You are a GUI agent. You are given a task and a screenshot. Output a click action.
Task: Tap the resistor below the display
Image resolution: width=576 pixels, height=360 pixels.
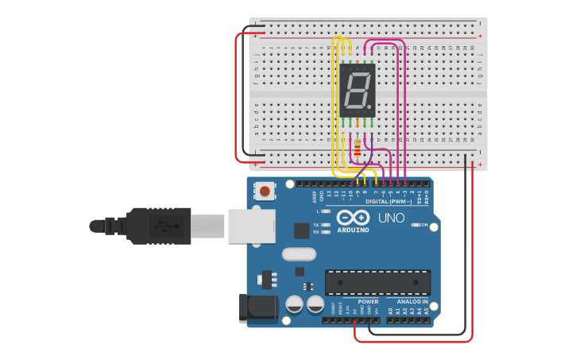pyautogui.click(x=358, y=147)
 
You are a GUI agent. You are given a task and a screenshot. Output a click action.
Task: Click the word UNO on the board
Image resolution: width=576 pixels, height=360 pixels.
pyautogui.click(x=391, y=218)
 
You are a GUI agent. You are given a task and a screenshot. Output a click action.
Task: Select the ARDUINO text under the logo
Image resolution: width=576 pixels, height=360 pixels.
pyautogui.click(x=353, y=230)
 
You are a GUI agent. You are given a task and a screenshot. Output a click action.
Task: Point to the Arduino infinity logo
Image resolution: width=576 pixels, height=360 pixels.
pyautogui.click(x=353, y=218)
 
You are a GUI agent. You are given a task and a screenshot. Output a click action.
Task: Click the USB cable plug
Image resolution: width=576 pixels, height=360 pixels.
pyautogui.click(x=159, y=226)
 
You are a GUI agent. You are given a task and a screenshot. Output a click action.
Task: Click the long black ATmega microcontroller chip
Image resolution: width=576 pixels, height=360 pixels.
pyautogui.click(x=377, y=282)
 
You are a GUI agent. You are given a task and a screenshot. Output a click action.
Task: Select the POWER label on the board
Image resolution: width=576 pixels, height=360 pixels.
pyautogui.click(x=368, y=302)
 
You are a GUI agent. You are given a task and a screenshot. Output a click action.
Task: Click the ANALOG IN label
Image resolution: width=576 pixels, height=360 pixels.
pyautogui.click(x=412, y=302)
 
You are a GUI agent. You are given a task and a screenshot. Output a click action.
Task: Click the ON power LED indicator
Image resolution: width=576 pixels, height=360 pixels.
pyautogui.click(x=416, y=225)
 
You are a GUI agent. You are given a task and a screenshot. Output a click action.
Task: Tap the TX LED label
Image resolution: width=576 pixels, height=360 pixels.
pyautogui.click(x=316, y=225)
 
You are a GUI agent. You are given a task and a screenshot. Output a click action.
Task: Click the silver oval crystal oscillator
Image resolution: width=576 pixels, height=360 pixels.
pyautogui.click(x=299, y=254)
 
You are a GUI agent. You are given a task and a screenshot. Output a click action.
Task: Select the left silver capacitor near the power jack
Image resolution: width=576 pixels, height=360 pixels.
pyautogui.click(x=294, y=304)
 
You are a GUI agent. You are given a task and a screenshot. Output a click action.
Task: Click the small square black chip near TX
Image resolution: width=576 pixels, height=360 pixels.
pyautogui.click(x=302, y=230)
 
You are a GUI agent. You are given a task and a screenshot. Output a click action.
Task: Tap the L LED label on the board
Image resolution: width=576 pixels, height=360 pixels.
pyautogui.click(x=317, y=211)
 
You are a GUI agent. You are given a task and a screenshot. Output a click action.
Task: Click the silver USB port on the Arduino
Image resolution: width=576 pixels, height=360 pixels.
pyautogui.click(x=251, y=226)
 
